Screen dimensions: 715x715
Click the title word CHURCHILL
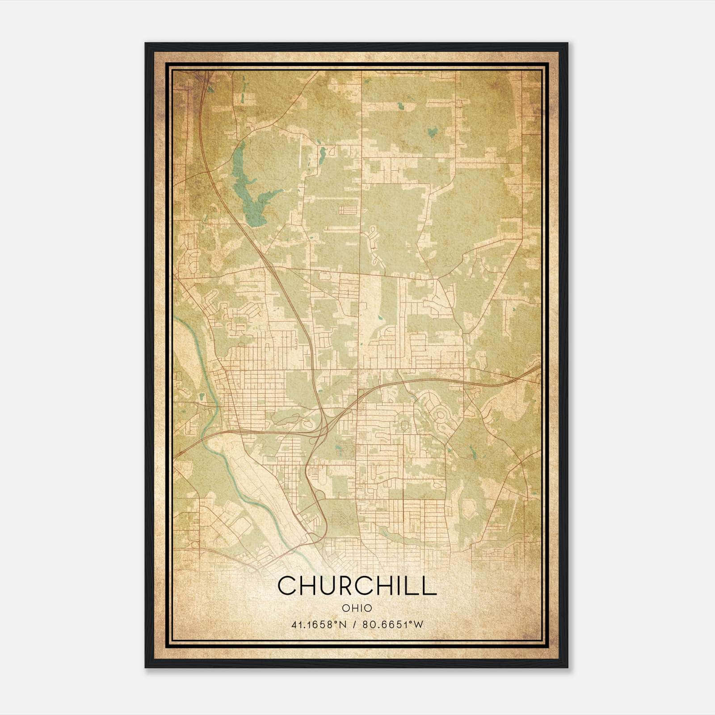pos(357,586)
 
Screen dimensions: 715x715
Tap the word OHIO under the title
pos(357,608)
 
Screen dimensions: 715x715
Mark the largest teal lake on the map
pos(251,192)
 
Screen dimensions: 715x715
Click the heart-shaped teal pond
pos(432,132)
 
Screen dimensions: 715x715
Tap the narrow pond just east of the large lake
pos(321,155)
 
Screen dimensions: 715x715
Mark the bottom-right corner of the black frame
pos(567,668)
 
